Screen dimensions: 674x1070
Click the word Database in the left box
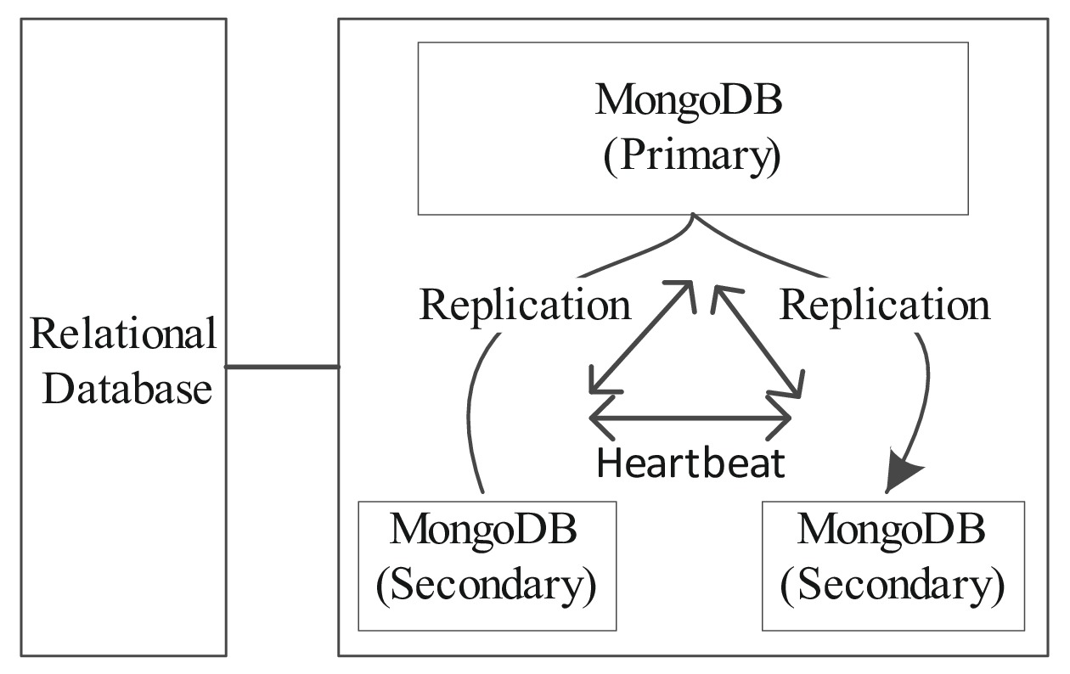click(127, 390)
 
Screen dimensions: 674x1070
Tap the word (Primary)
click(691, 159)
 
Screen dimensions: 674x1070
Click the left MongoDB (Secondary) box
click(487, 564)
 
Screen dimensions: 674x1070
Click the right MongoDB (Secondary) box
click(893, 564)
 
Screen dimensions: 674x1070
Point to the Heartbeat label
click(691, 463)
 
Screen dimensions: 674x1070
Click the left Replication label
click(526, 304)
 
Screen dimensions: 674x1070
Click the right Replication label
click(885, 304)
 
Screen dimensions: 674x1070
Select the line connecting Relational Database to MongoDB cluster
click(282, 367)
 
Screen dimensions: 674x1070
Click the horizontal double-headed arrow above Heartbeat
click(690, 418)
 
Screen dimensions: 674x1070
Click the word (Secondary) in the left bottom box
click(486, 585)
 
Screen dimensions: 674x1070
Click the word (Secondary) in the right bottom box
click(893, 585)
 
